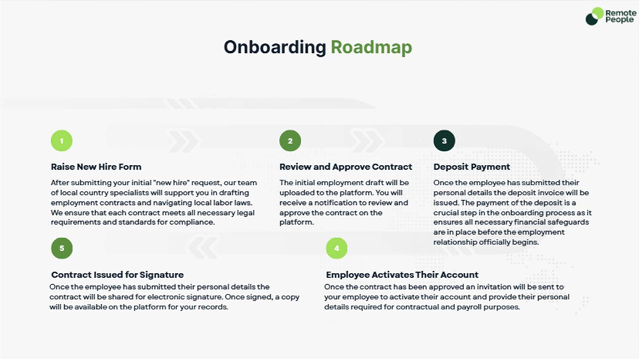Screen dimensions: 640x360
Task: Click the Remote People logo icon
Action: click(x=594, y=16)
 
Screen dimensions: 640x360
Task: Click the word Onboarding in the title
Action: click(x=275, y=48)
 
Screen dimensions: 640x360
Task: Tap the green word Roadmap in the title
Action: click(x=371, y=48)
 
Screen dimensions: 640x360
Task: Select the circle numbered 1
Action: click(x=62, y=141)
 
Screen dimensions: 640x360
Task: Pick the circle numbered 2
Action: click(x=290, y=141)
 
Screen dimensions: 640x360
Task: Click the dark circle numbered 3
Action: click(x=444, y=141)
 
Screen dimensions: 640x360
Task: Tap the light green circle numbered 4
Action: click(x=336, y=248)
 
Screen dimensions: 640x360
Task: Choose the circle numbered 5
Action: click(x=62, y=248)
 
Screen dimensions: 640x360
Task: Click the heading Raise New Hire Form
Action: click(x=96, y=167)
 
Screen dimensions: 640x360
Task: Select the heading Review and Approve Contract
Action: click(x=346, y=167)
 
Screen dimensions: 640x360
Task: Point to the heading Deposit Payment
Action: click(x=472, y=167)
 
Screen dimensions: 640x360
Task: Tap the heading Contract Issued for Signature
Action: click(x=117, y=275)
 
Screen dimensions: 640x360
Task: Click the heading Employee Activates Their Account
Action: click(x=402, y=275)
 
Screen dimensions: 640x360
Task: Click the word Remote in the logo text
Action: click(x=621, y=12)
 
